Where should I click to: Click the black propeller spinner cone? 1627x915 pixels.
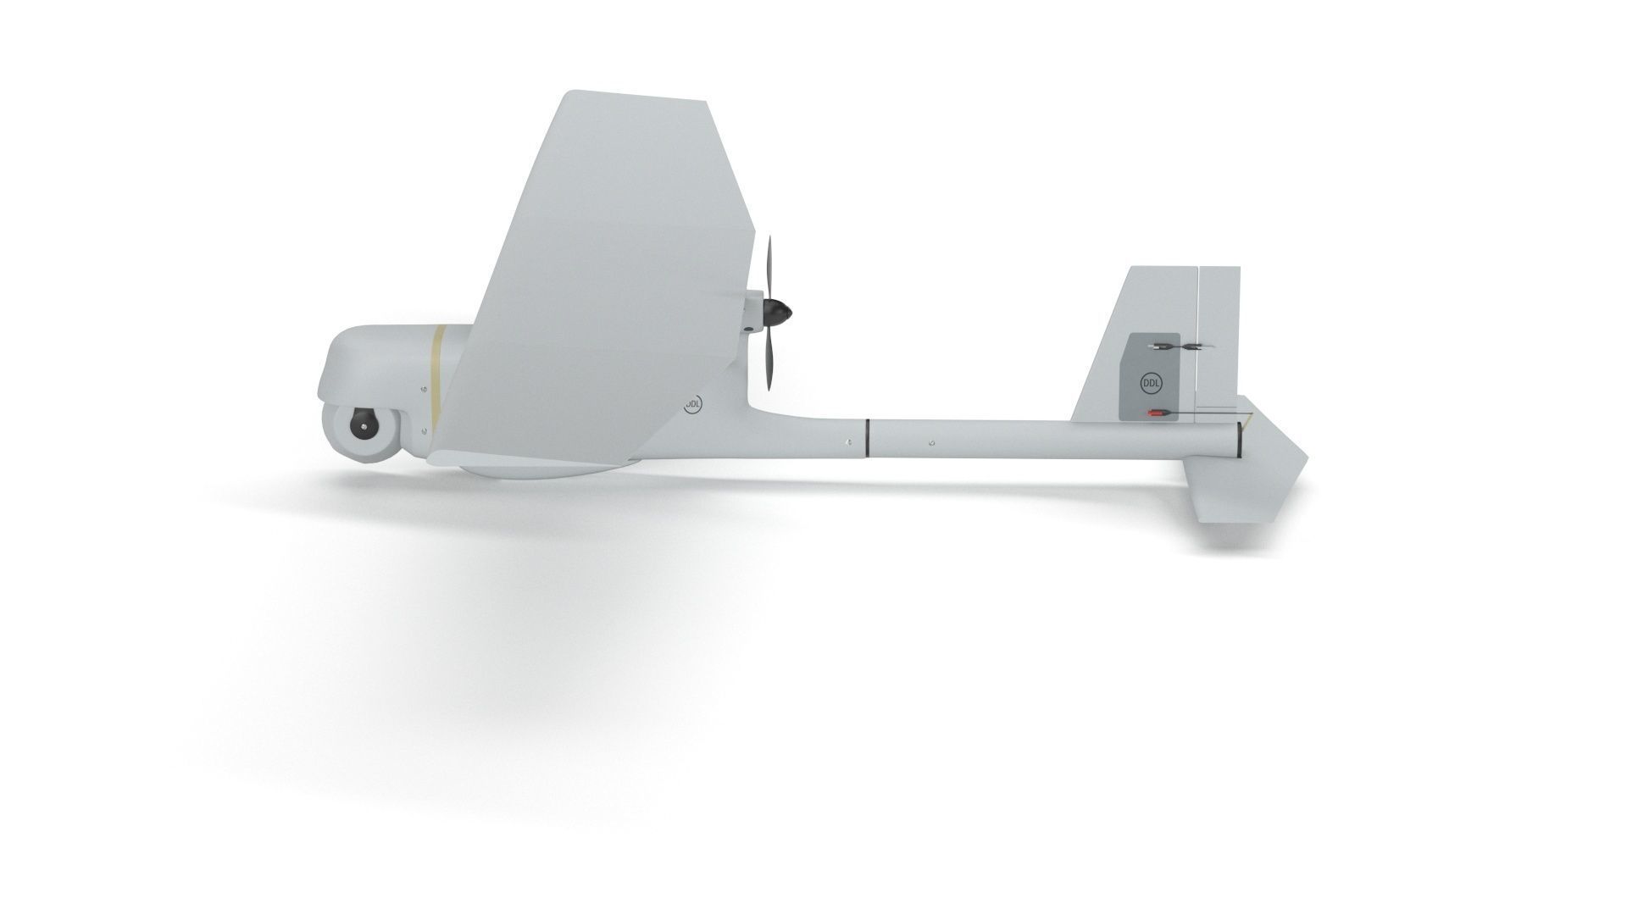click(x=777, y=314)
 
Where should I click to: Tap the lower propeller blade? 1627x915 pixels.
click(x=768, y=361)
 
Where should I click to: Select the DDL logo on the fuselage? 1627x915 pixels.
click(x=692, y=406)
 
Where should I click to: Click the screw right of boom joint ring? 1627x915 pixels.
click(x=930, y=442)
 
